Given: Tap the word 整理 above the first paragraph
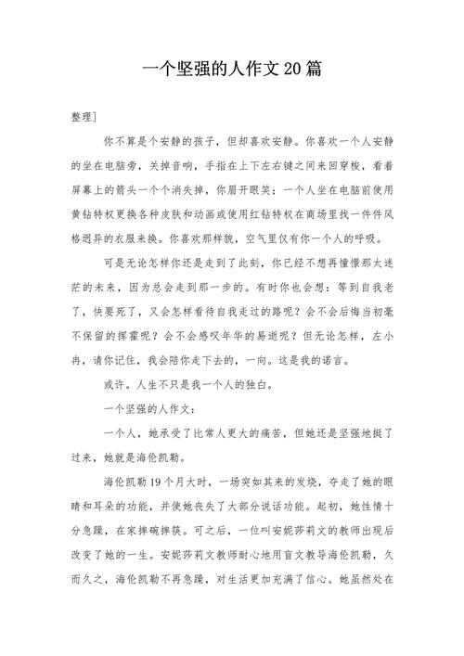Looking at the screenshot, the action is (x=81, y=119).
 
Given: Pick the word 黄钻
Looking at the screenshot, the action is (x=82, y=215).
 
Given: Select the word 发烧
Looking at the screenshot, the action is (x=277, y=482).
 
